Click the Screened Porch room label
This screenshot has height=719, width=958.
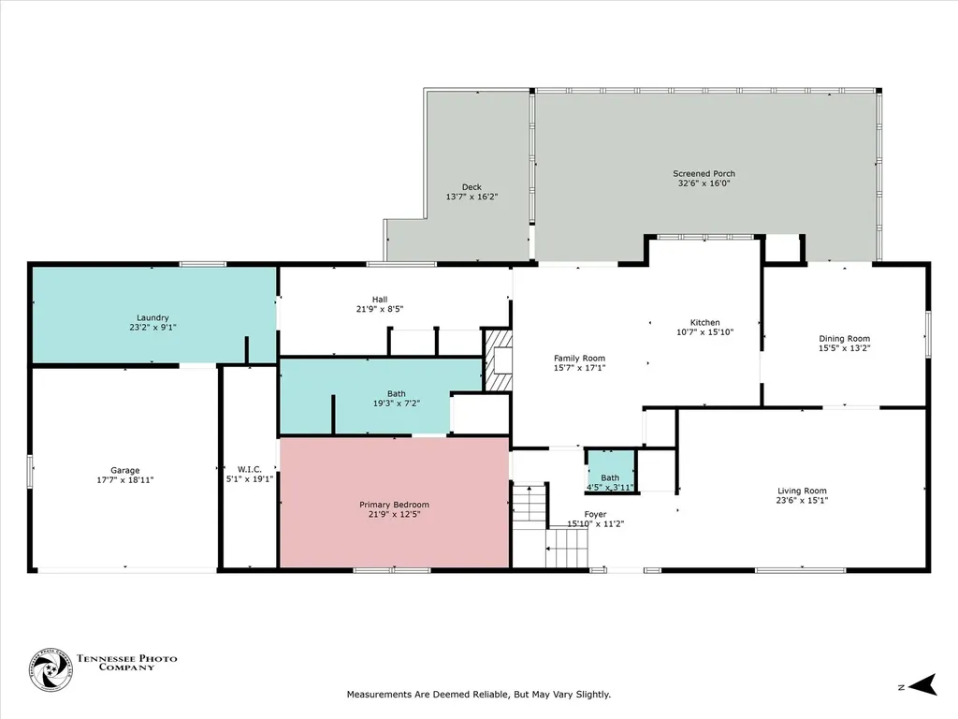704,173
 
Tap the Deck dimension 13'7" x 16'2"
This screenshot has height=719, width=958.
472,197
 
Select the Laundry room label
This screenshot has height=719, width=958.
152,318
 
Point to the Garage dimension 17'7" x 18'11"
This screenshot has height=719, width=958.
125,480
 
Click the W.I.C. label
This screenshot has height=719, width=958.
249,470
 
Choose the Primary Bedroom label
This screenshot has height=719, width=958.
394,505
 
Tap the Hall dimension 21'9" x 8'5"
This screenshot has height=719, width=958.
380,309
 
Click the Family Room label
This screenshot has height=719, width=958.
580,359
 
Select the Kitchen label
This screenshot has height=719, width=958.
705,322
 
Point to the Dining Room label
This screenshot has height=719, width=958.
845,339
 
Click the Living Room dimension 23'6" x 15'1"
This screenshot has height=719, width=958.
802,500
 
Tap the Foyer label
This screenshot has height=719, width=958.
595,515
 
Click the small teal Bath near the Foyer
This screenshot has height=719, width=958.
611,472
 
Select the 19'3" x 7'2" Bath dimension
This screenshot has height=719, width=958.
397,404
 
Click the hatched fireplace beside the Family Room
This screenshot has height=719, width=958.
498,360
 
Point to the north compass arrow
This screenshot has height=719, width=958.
922,684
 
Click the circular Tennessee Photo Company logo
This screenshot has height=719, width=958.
51,670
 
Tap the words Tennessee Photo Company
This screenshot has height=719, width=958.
126,663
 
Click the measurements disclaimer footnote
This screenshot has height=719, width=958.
479,695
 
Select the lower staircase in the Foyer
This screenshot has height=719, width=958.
566,548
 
